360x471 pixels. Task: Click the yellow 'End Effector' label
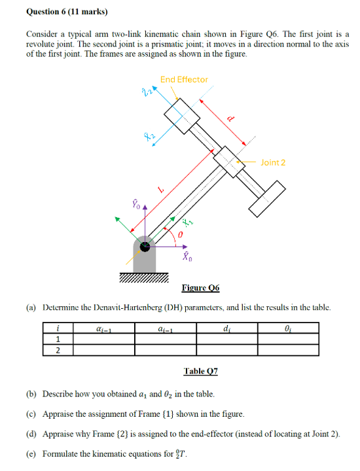tap(184, 79)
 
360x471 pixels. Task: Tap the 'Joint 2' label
tap(273, 162)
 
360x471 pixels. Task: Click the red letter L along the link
tap(161, 189)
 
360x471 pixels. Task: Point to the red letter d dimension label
tap(230, 118)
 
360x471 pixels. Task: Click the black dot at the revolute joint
tap(145, 247)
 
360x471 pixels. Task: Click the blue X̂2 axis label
tap(149, 135)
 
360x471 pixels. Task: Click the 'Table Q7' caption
tap(200, 371)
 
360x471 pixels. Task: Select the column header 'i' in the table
tap(58, 327)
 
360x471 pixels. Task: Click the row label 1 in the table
tap(58, 338)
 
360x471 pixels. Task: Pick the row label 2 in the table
tap(58, 349)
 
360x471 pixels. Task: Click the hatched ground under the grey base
tap(145, 279)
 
